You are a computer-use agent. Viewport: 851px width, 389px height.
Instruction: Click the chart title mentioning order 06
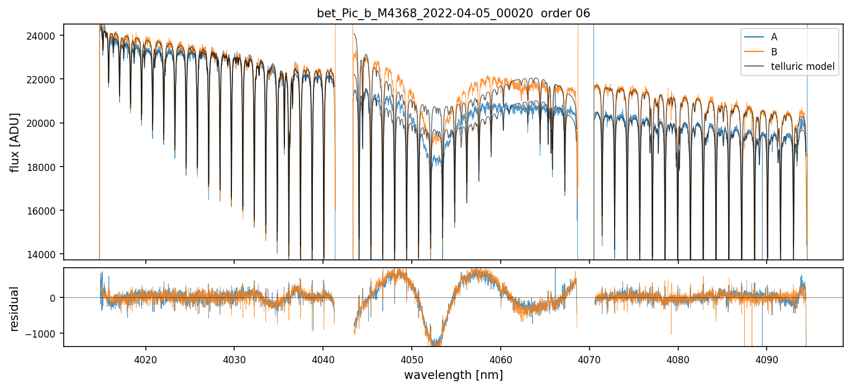(x=453, y=13)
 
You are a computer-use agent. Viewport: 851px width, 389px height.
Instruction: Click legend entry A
(x=774, y=37)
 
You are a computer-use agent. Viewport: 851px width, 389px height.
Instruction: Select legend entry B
(x=774, y=52)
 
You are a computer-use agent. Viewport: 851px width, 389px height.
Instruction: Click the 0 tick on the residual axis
(x=54, y=298)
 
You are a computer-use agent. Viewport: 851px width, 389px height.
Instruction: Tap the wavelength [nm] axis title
(x=453, y=374)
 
